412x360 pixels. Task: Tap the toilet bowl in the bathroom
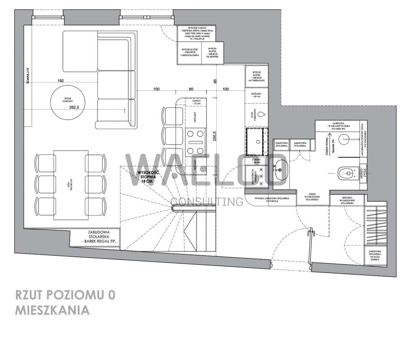coord(346,174)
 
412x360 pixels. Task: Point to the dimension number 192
coord(60,81)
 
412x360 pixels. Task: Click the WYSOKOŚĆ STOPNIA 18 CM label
coord(146,177)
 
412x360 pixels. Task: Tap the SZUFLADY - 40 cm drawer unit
coord(257,95)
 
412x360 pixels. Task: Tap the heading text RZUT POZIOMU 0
coord(65,294)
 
